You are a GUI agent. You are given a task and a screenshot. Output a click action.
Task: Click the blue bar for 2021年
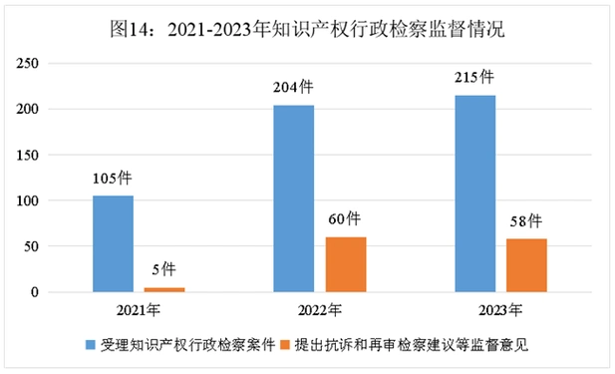tap(113, 243)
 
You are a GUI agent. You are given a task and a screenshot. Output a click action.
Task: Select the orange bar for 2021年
tap(165, 289)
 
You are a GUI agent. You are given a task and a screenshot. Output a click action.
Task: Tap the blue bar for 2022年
tap(294, 198)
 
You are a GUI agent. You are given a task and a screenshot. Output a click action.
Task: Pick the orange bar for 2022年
tap(346, 264)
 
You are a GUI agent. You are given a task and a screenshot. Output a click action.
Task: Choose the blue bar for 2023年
tap(474, 193)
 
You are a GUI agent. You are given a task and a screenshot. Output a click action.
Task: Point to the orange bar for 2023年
tap(526, 265)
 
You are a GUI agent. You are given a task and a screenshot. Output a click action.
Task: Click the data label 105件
tap(113, 180)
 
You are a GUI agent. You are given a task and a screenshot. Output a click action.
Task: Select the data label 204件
tap(293, 88)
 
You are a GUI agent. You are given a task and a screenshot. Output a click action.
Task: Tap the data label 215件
tap(474, 77)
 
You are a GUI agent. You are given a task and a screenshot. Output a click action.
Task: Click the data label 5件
tap(165, 270)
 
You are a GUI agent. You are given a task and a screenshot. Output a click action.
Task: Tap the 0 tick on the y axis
tap(62, 292)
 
